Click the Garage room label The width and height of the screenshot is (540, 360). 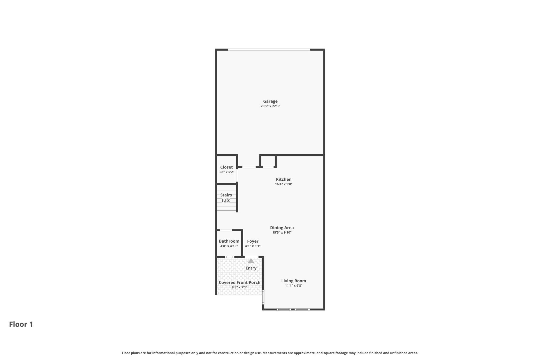pyautogui.click(x=270, y=101)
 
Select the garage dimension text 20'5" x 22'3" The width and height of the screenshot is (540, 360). pyautogui.click(x=270, y=106)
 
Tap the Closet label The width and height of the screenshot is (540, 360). pyautogui.click(x=226, y=167)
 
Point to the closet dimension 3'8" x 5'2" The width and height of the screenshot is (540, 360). pyautogui.click(x=226, y=172)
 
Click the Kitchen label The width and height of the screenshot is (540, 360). pyautogui.click(x=284, y=179)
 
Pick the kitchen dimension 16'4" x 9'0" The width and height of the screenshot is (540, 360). pyautogui.click(x=284, y=184)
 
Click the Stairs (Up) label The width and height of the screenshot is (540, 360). pyautogui.click(x=226, y=198)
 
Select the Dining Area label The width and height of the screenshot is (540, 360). pyautogui.click(x=282, y=228)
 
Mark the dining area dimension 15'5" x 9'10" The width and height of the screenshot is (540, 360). pyautogui.click(x=282, y=232)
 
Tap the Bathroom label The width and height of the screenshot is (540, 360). pyautogui.click(x=229, y=241)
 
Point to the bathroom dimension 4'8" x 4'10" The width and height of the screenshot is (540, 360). pyautogui.click(x=229, y=246)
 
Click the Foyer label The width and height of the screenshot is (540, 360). pyautogui.click(x=253, y=241)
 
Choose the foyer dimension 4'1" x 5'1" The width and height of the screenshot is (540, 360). pyautogui.click(x=253, y=246)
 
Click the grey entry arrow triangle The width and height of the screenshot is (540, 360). pyautogui.click(x=251, y=261)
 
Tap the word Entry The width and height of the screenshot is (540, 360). pyautogui.click(x=251, y=268)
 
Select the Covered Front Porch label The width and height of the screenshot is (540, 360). pyautogui.click(x=239, y=282)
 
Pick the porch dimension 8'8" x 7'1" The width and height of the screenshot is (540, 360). pyautogui.click(x=239, y=287)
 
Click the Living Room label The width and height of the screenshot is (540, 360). pyautogui.click(x=293, y=281)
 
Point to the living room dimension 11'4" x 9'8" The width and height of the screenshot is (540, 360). pyautogui.click(x=293, y=286)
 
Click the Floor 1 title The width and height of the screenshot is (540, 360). pyautogui.click(x=21, y=324)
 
